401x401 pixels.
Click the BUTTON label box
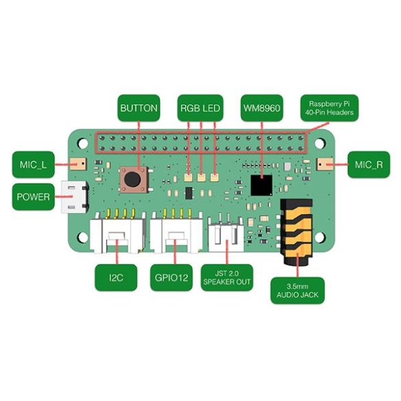point(138,108)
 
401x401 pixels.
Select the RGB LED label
point(200,108)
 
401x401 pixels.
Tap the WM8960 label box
point(262,108)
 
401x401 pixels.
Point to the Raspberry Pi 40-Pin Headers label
point(330,108)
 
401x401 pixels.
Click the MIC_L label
point(34,165)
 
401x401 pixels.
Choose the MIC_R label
point(369,165)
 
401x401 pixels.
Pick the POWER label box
point(34,197)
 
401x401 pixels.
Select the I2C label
point(116,278)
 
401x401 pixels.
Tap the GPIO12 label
point(171,278)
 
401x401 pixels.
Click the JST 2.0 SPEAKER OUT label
point(227,278)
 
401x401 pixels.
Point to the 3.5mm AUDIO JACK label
point(297,291)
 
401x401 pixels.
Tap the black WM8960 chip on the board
point(261,185)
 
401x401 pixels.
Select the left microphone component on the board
point(77,164)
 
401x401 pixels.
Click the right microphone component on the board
point(325,164)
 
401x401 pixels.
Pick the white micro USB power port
point(75,197)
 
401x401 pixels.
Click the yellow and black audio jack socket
point(297,232)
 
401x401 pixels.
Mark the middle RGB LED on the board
point(202,178)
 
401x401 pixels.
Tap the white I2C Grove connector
point(117,232)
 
